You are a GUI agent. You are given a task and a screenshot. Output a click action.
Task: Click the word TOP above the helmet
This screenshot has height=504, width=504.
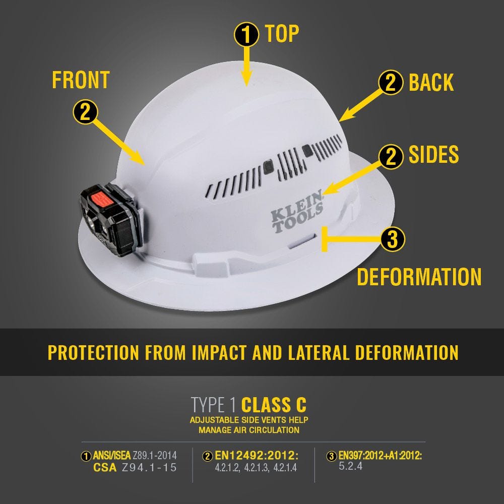(282, 34)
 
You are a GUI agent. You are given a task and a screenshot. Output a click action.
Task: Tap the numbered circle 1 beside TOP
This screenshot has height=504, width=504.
(246, 34)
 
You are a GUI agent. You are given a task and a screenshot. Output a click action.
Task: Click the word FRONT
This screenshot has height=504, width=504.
(81, 81)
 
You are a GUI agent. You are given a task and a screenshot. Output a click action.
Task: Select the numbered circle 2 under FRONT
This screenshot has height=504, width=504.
(85, 111)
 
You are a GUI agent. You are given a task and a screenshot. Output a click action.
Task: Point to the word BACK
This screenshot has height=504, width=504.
(431, 83)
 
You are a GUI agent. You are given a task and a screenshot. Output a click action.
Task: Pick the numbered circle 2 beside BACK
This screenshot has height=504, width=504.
(391, 83)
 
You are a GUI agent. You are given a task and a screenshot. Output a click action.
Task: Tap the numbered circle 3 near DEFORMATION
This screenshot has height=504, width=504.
(393, 239)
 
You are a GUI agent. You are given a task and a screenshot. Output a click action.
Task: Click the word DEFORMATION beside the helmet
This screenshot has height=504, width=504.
(419, 277)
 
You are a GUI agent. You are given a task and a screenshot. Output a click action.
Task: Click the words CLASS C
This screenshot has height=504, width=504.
(274, 405)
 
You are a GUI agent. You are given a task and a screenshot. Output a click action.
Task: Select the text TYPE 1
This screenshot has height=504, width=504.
(214, 405)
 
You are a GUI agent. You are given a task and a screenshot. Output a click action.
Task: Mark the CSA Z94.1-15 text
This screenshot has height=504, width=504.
(135, 468)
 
